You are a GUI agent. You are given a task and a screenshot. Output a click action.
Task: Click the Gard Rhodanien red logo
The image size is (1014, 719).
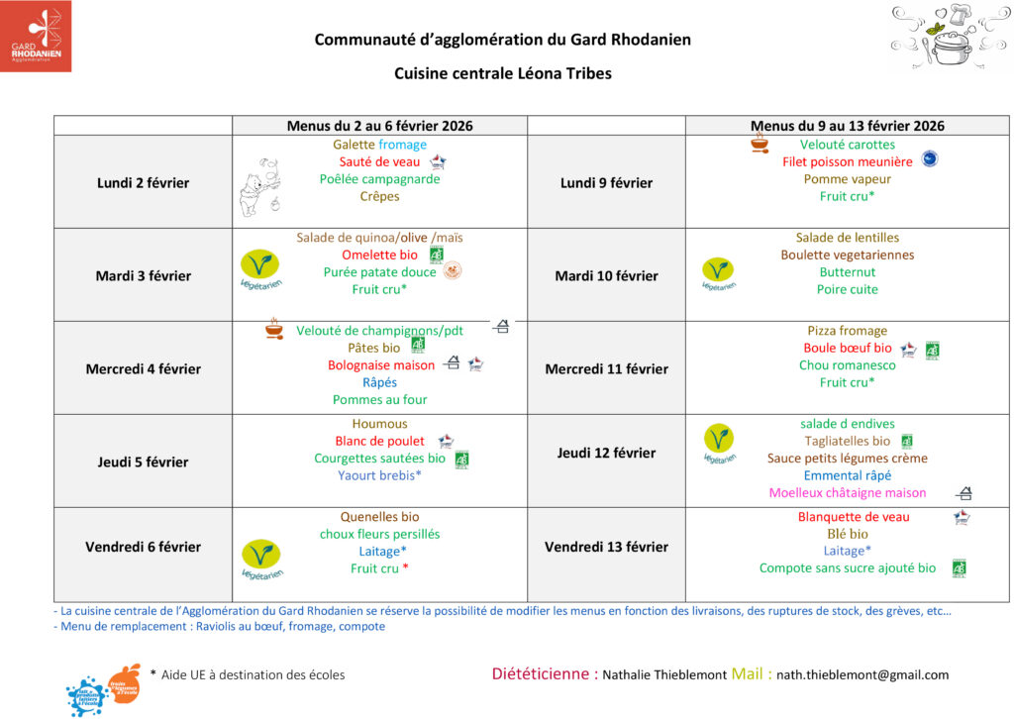[x=36, y=36]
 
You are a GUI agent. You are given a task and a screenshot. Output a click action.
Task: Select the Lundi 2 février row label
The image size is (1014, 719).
[x=143, y=182]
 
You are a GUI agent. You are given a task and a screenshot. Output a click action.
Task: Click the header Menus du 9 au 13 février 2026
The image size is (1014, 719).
[x=847, y=126]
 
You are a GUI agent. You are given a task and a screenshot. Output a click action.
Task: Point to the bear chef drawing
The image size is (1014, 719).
[x=259, y=186]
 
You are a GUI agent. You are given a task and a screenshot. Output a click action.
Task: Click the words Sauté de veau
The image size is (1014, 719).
[x=379, y=161]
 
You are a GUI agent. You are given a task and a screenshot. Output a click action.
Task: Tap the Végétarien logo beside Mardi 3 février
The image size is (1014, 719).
[x=260, y=269]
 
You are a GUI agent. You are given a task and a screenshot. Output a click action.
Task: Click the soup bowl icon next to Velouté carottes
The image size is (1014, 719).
[x=760, y=144]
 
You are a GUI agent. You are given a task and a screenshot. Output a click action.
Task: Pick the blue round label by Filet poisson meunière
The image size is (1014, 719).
[x=929, y=158]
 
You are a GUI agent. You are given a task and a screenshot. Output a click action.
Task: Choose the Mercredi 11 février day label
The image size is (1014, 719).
[x=606, y=368]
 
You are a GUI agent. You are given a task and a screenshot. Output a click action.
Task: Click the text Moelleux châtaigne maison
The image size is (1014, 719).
[x=848, y=492]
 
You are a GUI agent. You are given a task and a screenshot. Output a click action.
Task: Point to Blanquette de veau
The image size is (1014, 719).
[x=854, y=516]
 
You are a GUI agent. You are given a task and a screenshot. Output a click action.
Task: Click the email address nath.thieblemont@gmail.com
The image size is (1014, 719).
[x=862, y=674]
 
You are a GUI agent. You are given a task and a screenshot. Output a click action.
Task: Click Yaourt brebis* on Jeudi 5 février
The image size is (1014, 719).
[x=379, y=474]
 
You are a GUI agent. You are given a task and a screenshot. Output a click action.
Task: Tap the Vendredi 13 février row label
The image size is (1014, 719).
[x=606, y=547]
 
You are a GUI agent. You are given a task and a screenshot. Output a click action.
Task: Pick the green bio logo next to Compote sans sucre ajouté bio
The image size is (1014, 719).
[x=958, y=567]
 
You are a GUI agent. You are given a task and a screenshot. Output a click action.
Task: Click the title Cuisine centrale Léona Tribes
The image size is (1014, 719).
[x=503, y=73]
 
